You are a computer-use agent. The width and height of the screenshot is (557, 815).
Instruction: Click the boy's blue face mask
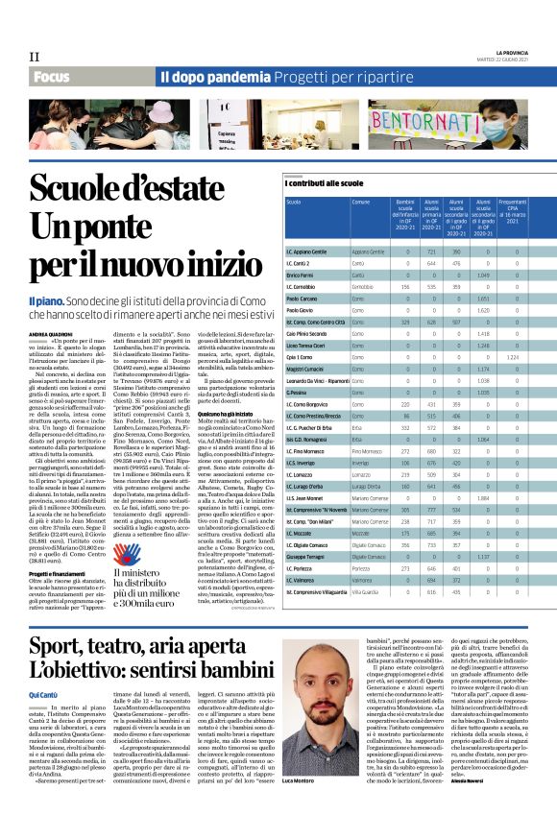[x=500, y=129]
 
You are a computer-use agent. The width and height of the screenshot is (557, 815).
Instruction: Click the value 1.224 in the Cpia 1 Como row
[x=512, y=356]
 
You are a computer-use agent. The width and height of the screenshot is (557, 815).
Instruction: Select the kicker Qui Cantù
[x=44, y=693]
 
